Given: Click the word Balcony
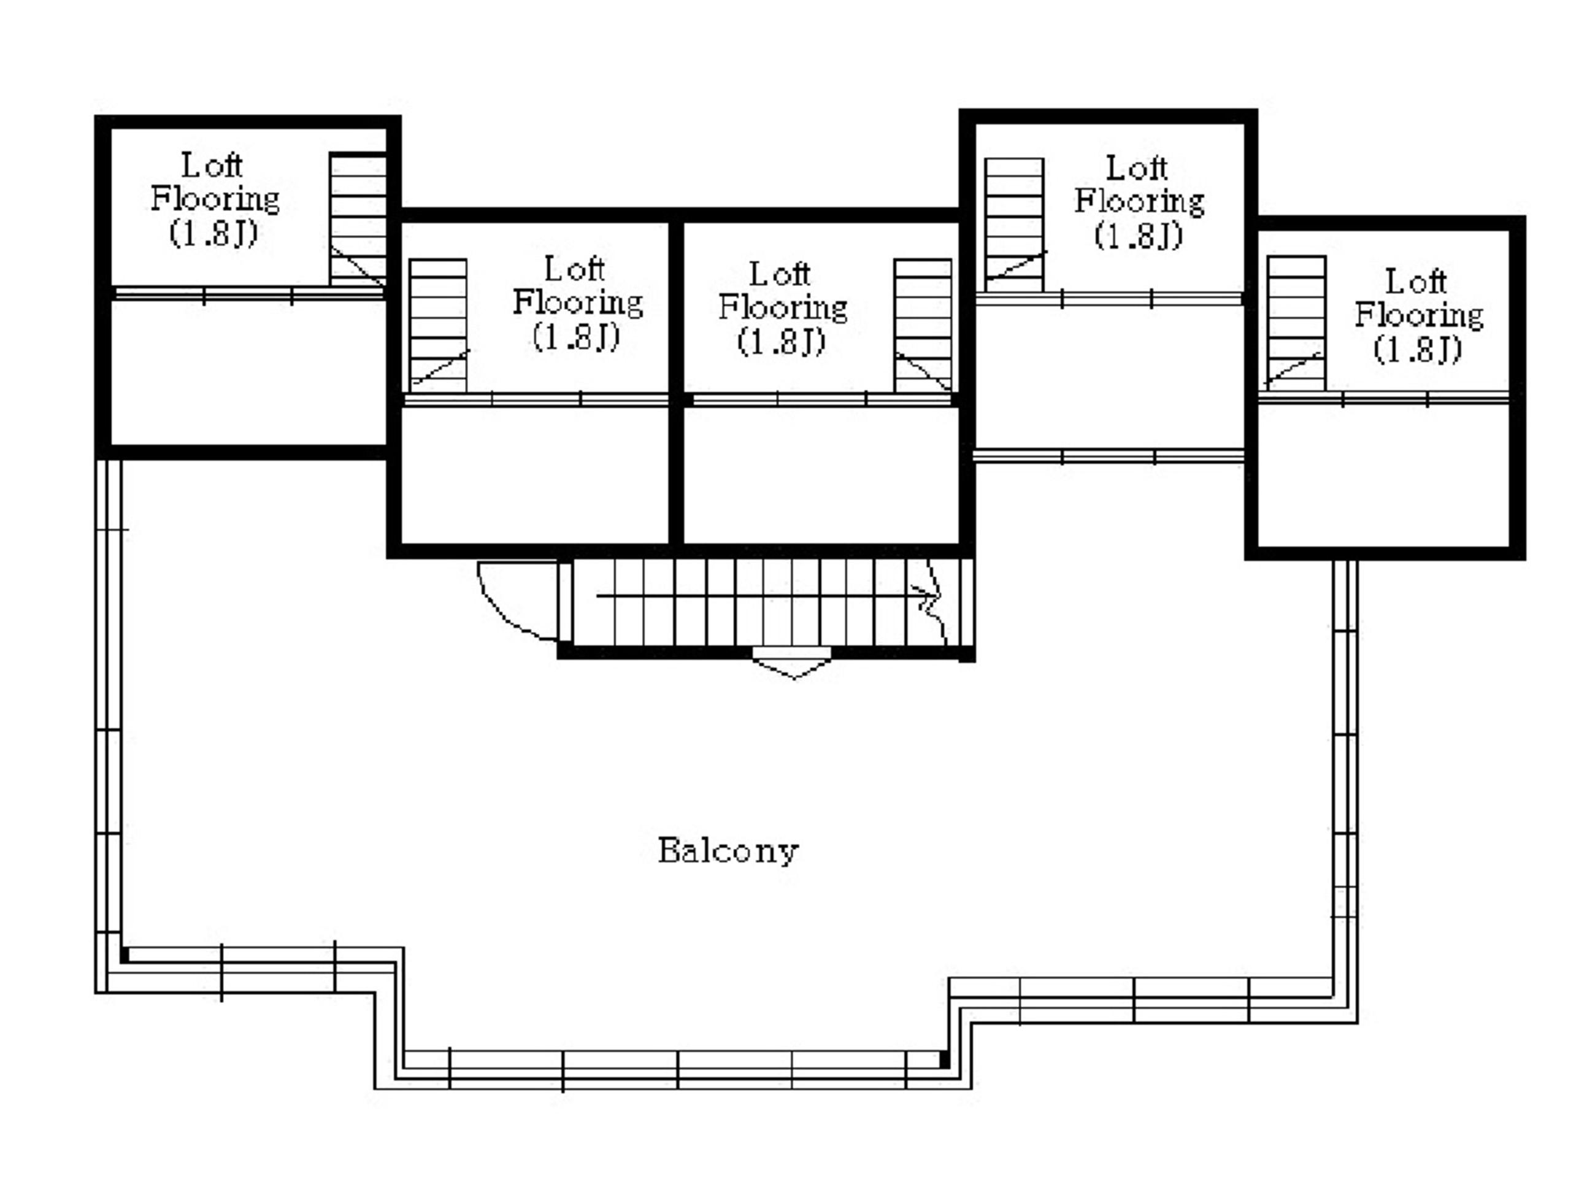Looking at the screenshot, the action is point(728,851).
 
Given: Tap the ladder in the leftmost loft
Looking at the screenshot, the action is point(358,218).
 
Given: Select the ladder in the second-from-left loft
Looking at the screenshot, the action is point(438,325).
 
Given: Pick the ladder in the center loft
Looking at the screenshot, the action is point(922,325).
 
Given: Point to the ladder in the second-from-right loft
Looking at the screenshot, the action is point(1014,225).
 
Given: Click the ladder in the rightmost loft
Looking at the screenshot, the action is point(1296,323).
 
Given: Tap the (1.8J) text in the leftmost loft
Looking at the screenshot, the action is point(213,233).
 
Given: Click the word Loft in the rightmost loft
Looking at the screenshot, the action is point(1415,280).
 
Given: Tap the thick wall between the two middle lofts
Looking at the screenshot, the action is point(675,382).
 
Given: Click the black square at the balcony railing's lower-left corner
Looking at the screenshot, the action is point(125,955).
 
